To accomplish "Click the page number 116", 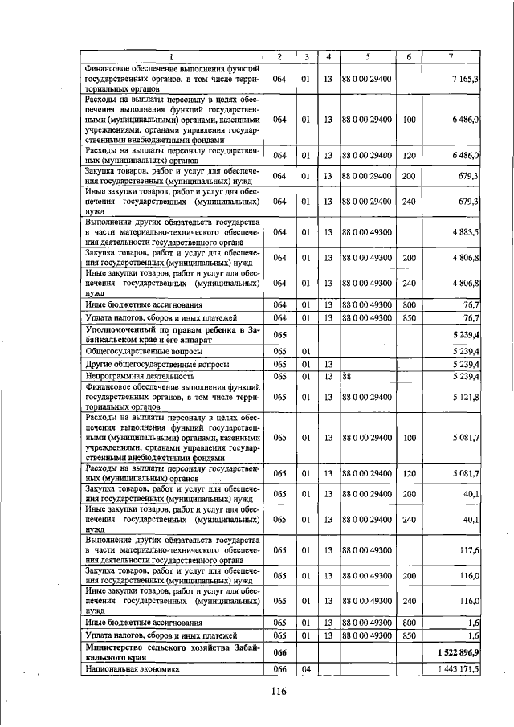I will coord(279,692).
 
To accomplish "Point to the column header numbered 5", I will coord(366,56).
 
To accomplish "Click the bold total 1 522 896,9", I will coord(456,652).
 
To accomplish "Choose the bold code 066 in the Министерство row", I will coord(280,652).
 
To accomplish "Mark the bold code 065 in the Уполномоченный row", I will coord(280,333).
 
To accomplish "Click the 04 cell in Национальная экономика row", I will coord(306,669).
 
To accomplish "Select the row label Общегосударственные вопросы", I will coord(142,352).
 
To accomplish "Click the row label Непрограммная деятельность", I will coord(138,376).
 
